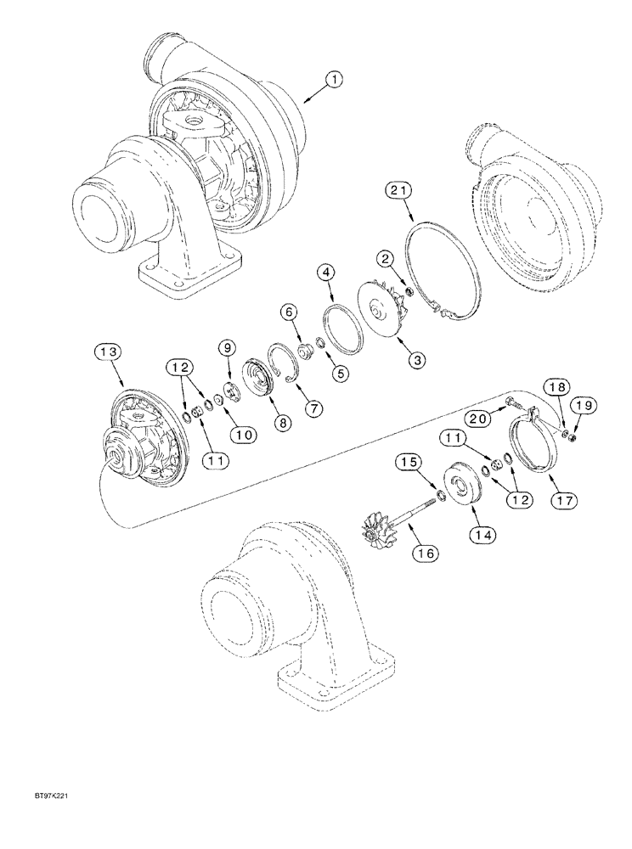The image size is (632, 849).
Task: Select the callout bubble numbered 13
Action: click(x=108, y=353)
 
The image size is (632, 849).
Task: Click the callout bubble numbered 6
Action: click(x=290, y=313)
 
